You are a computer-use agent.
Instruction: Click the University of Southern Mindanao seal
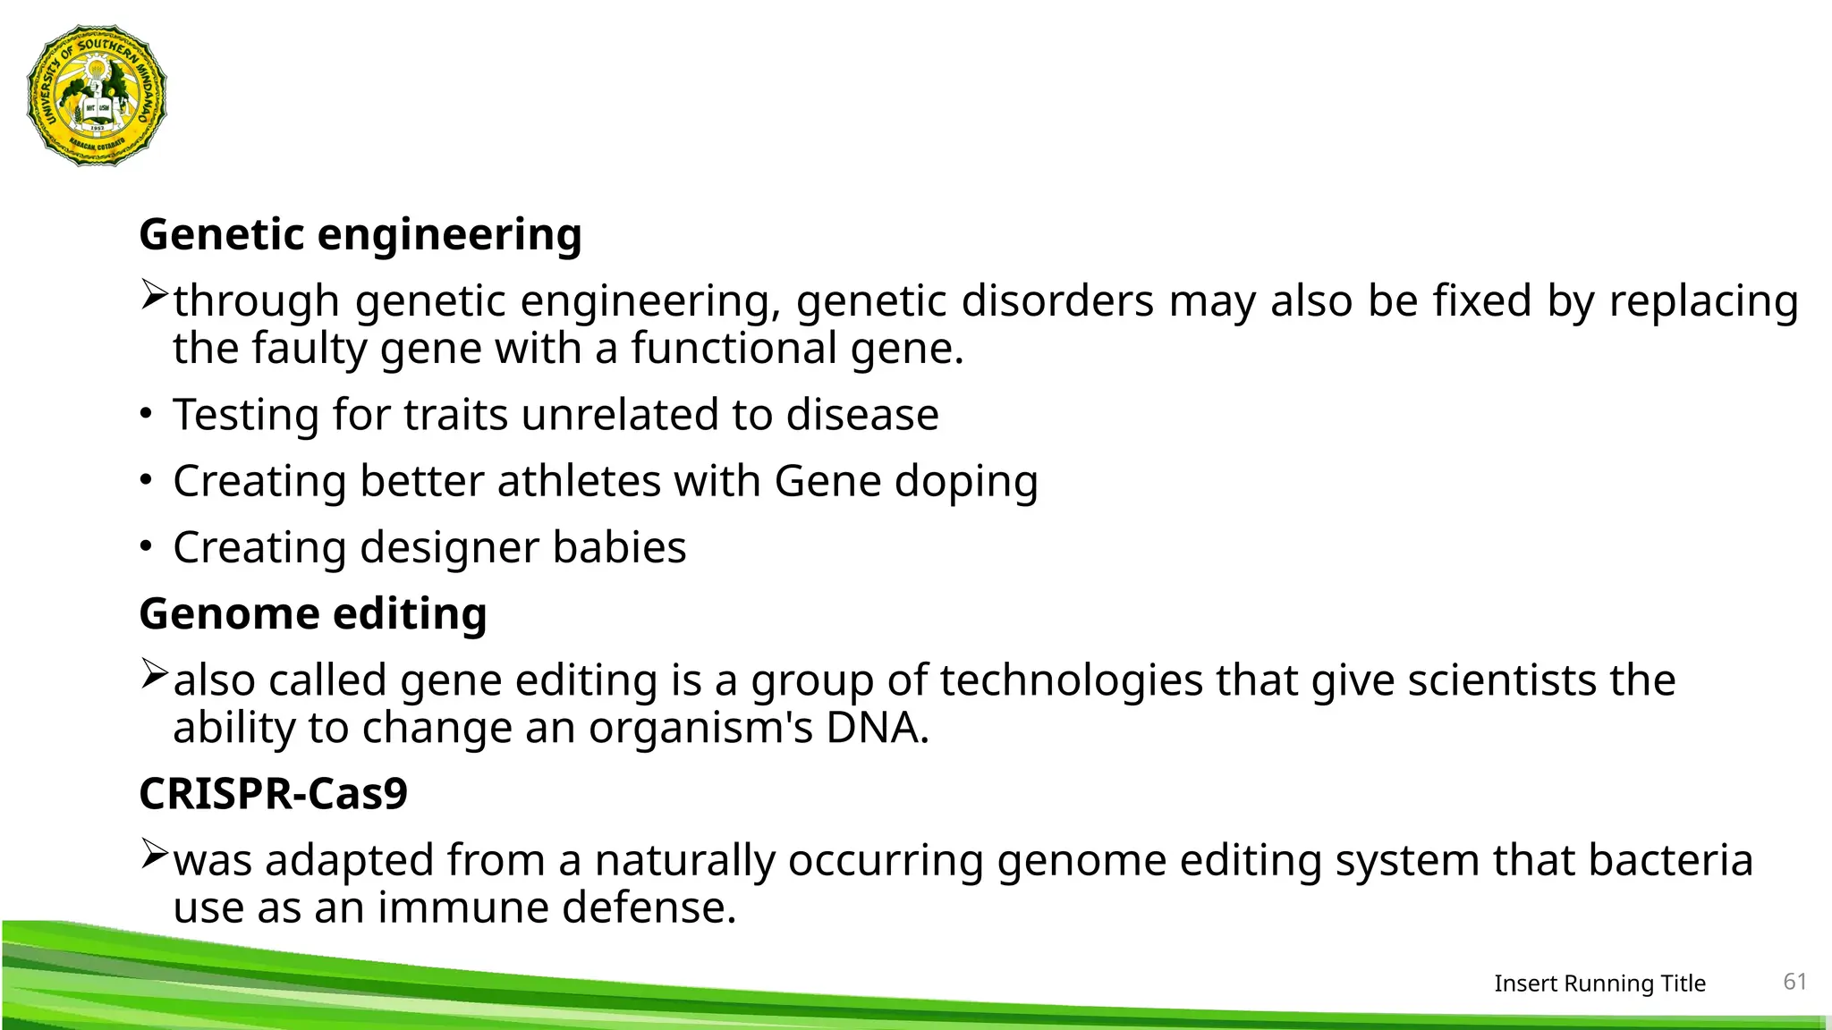[x=97, y=96]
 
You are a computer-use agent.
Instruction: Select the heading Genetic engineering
[x=360, y=235]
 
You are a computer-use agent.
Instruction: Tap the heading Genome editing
[x=313, y=614]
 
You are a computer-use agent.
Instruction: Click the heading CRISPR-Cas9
[x=273, y=794]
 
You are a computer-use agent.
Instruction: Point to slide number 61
[x=1794, y=982]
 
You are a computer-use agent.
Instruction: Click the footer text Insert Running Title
[x=1599, y=984]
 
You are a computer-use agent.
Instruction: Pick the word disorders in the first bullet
[x=1057, y=301]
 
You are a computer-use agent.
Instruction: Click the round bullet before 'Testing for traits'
[x=146, y=414]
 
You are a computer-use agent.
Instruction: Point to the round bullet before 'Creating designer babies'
[x=146, y=546]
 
